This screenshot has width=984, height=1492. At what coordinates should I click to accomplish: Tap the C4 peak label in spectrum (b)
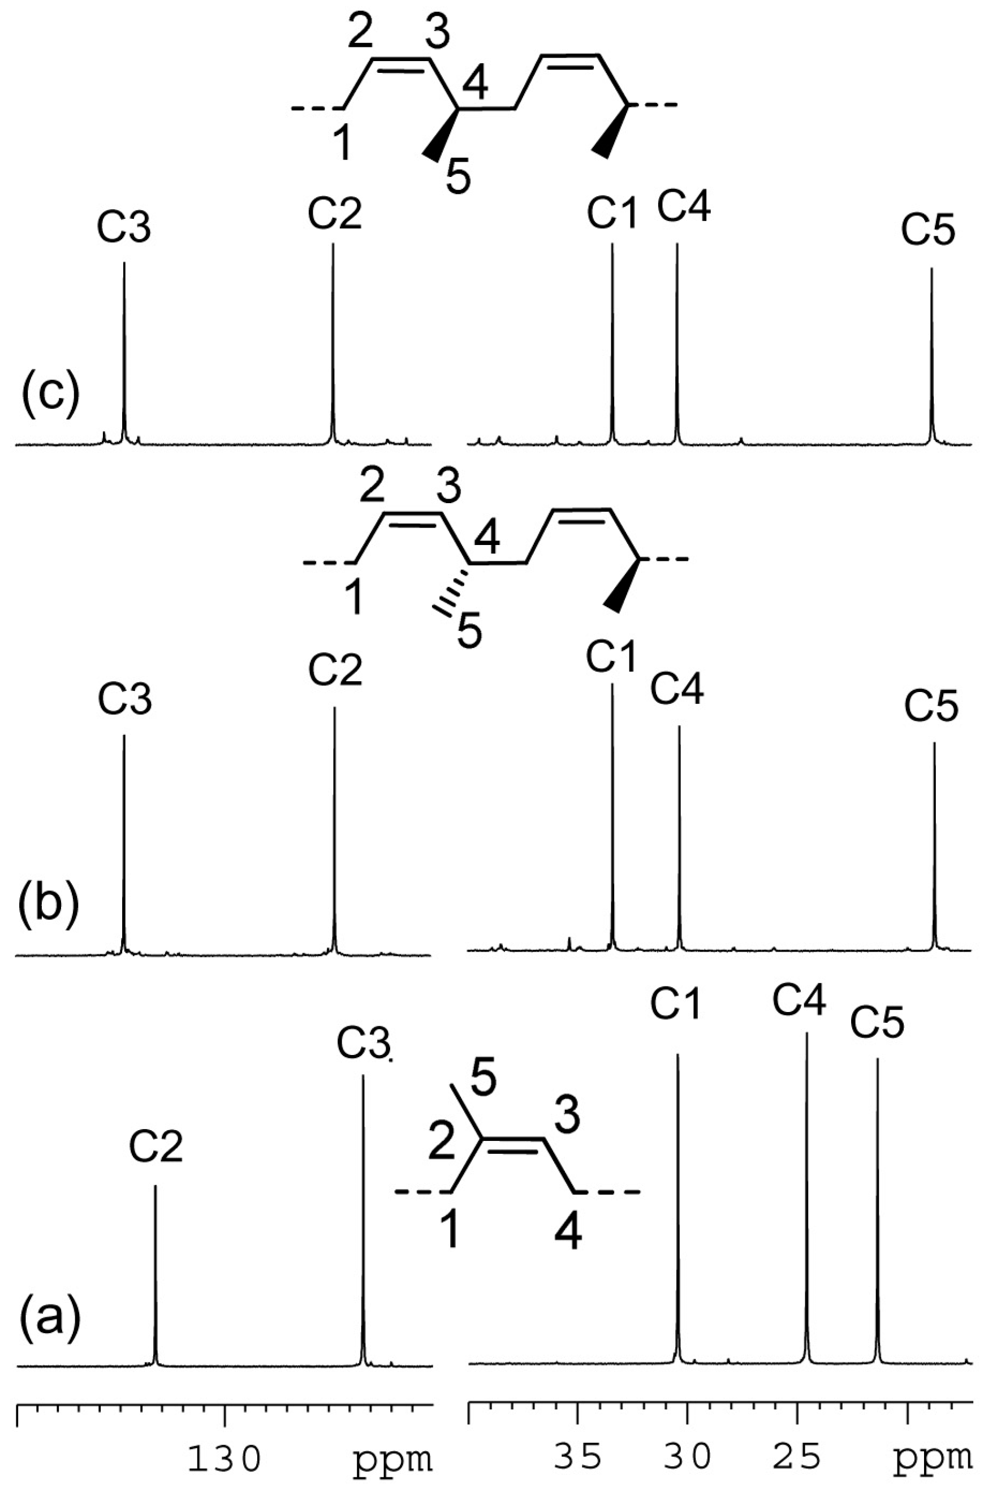677,689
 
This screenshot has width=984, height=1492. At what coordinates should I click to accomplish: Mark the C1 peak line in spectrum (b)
612,816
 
